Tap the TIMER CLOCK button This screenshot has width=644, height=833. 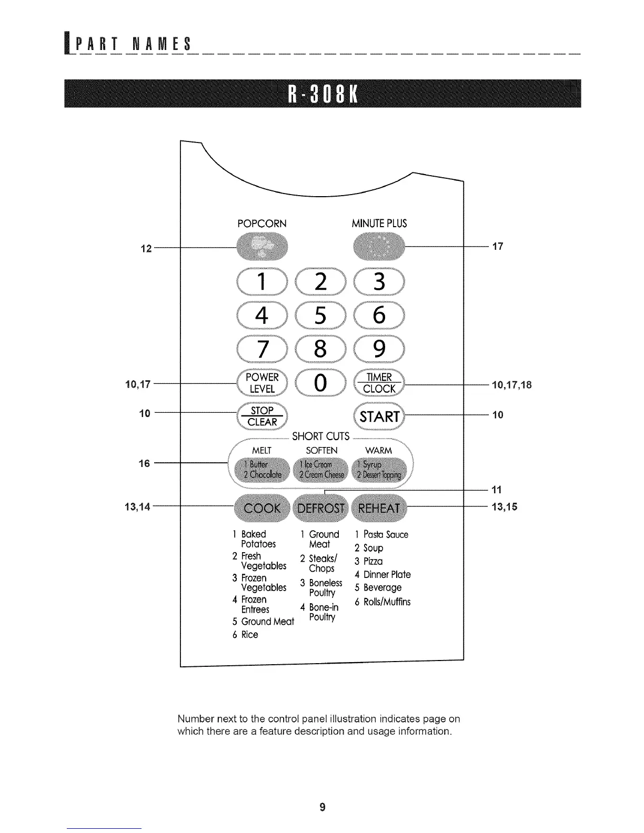pyautogui.click(x=379, y=383)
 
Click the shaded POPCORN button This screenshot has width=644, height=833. pyautogui.click(x=263, y=247)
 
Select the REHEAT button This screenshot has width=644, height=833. pyautogui.click(x=379, y=509)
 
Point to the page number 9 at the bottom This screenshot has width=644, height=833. pyautogui.click(x=322, y=807)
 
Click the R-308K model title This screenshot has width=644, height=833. pyautogui.click(x=322, y=93)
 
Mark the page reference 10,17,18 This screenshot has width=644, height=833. pyautogui.click(x=511, y=385)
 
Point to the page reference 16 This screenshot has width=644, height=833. pyautogui.click(x=144, y=463)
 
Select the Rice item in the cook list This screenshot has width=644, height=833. pyautogui.click(x=249, y=635)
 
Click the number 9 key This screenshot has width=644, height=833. pyautogui.click(x=379, y=349)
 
